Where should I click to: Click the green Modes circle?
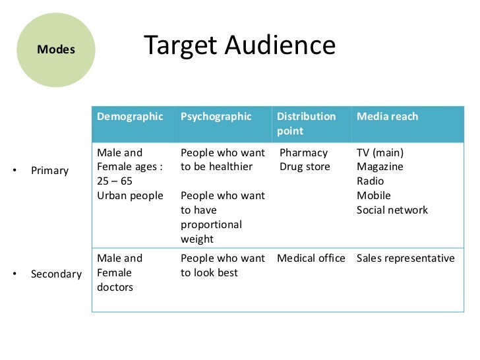[55, 49]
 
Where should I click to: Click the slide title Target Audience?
[239, 45]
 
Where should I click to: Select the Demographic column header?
[130, 117]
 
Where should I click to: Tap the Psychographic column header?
[216, 117]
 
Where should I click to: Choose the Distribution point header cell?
[306, 123]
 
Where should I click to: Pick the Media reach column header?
[387, 117]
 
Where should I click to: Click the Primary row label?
[49, 171]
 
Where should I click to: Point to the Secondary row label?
[56, 273]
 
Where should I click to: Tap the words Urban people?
[130, 196]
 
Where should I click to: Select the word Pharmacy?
[303, 152]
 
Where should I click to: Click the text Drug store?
[305, 167]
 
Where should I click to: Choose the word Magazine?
[380, 167]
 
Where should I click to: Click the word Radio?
[370, 181]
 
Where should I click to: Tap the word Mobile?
[373, 196]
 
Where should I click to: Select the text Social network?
[392, 210]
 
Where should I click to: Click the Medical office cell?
[311, 258]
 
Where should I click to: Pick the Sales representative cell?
[405, 258]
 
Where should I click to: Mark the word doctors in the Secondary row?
[115, 287]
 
